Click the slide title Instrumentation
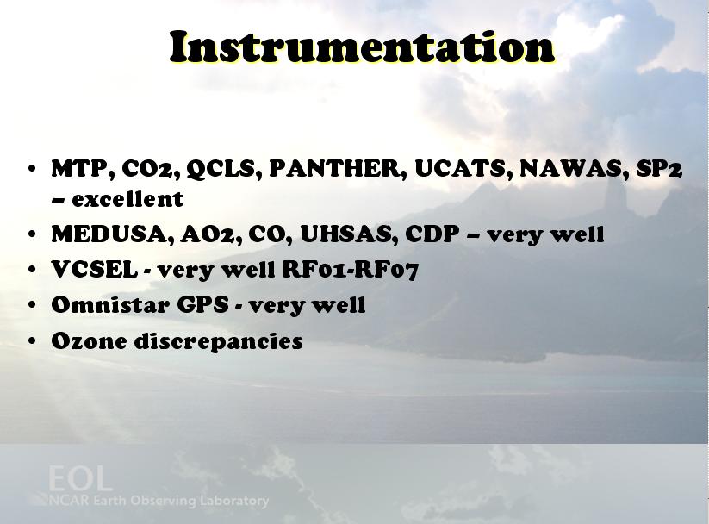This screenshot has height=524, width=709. coord(362,47)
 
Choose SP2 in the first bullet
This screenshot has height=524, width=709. coord(659,168)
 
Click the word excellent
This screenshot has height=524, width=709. coord(128,199)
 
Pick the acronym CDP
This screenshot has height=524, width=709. coord(432,234)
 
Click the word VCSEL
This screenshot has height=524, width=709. coord(95,269)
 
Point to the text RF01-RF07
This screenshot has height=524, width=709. coord(351,269)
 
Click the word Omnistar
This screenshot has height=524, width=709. coord(110,304)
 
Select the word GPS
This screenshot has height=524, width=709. coord(202,304)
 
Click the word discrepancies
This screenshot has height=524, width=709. coord(219,341)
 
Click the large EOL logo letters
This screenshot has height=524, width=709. coord(80,478)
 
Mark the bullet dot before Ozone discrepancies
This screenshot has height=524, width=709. coord(32,340)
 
